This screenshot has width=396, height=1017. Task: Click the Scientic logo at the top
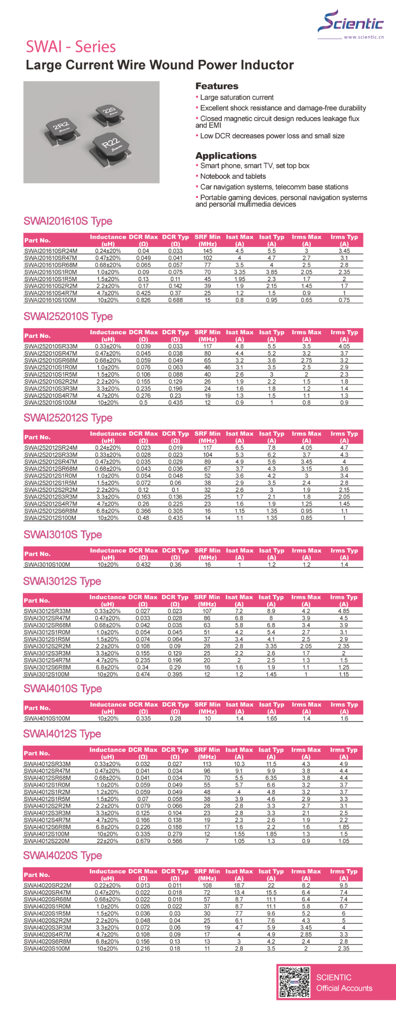click(x=351, y=23)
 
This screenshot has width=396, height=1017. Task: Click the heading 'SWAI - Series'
click(x=71, y=47)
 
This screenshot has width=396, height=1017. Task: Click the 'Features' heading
click(x=217, y=86)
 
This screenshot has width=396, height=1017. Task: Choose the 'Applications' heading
click(x=225, y=156)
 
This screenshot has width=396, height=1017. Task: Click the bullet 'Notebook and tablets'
click(x=233, y=176)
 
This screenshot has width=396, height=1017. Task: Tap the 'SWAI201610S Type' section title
click(x=68, y=221)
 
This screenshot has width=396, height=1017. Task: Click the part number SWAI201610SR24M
click(x=51, y=251)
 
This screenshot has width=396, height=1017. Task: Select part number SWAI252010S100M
click(x=50, y=403)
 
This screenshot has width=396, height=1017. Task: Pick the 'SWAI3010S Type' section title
click(x=63, y=535)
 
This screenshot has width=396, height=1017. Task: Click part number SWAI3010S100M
click(x=47, y=565)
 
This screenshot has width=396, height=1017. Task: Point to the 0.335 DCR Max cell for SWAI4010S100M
click(x=143, y=718)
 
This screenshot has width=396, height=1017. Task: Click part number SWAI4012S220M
click(x=47, y=841)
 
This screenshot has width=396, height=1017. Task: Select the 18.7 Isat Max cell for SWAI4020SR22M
click(x=239, y=885)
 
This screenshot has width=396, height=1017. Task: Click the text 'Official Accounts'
click(x=344, y=988)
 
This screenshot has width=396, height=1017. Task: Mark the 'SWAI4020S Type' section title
click(x=63, y=855)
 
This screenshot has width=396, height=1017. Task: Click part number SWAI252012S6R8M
click(x=51, y=511)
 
